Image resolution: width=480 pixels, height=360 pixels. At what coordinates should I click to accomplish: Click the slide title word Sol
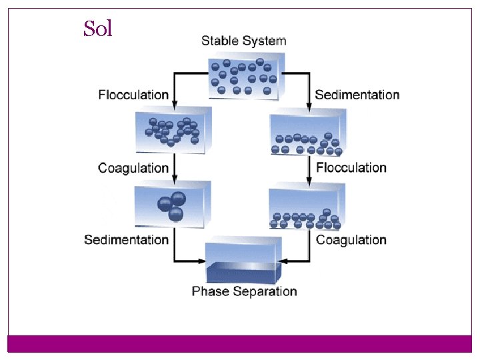click(x=98, y=29)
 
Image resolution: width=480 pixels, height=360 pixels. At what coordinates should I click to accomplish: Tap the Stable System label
click(x=243, y=41)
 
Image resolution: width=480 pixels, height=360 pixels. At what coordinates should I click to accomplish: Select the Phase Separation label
click(x=244, y=291)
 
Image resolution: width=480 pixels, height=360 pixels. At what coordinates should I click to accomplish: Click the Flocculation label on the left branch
click(x=133, y=95)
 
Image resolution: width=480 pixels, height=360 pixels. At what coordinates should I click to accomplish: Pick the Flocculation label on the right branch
click(x=351, y=167)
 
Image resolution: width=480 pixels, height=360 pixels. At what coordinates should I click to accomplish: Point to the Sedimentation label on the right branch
click(x=357, y=95)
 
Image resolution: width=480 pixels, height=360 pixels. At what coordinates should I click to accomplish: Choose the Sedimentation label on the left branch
click(x=126, y=239)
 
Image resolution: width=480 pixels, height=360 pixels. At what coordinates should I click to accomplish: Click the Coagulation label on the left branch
click(x=133, y=167)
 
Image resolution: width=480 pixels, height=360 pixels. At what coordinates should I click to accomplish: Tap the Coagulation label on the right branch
click(x=351, y=239)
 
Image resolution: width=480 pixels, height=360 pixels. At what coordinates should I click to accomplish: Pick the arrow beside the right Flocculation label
click(x=310, y=169)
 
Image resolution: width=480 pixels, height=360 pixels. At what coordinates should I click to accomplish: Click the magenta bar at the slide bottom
click(x=240, y=343)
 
